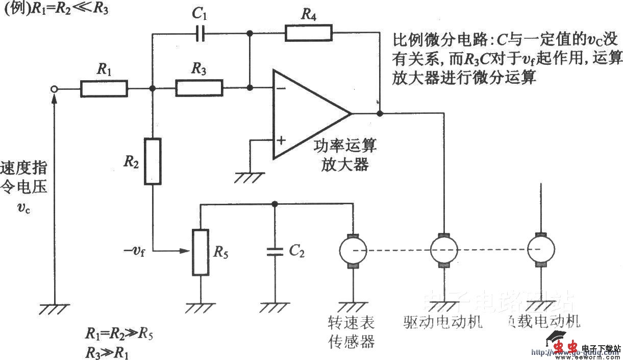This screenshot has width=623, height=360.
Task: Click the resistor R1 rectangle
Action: coord(104,88)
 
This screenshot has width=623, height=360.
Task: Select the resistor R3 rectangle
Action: coord(199,88)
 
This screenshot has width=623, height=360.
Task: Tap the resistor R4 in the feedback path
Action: coord(308,34)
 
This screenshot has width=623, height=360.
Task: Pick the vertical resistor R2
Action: coord(153,161)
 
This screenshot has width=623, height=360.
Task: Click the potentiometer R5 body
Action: coord(201,252)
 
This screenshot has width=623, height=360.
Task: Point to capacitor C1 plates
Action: coord(201,34)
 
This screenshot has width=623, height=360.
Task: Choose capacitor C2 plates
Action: coord(275,251)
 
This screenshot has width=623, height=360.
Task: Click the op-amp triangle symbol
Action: coord(306,113)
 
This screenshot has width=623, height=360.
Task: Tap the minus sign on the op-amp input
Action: coord(281,88)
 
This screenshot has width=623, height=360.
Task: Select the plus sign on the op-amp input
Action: coord(281,139)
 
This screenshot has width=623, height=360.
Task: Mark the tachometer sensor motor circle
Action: coord(353,249)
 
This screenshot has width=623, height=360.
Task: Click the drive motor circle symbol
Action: coord(444,249)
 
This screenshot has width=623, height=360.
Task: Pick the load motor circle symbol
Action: coord(541,249)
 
